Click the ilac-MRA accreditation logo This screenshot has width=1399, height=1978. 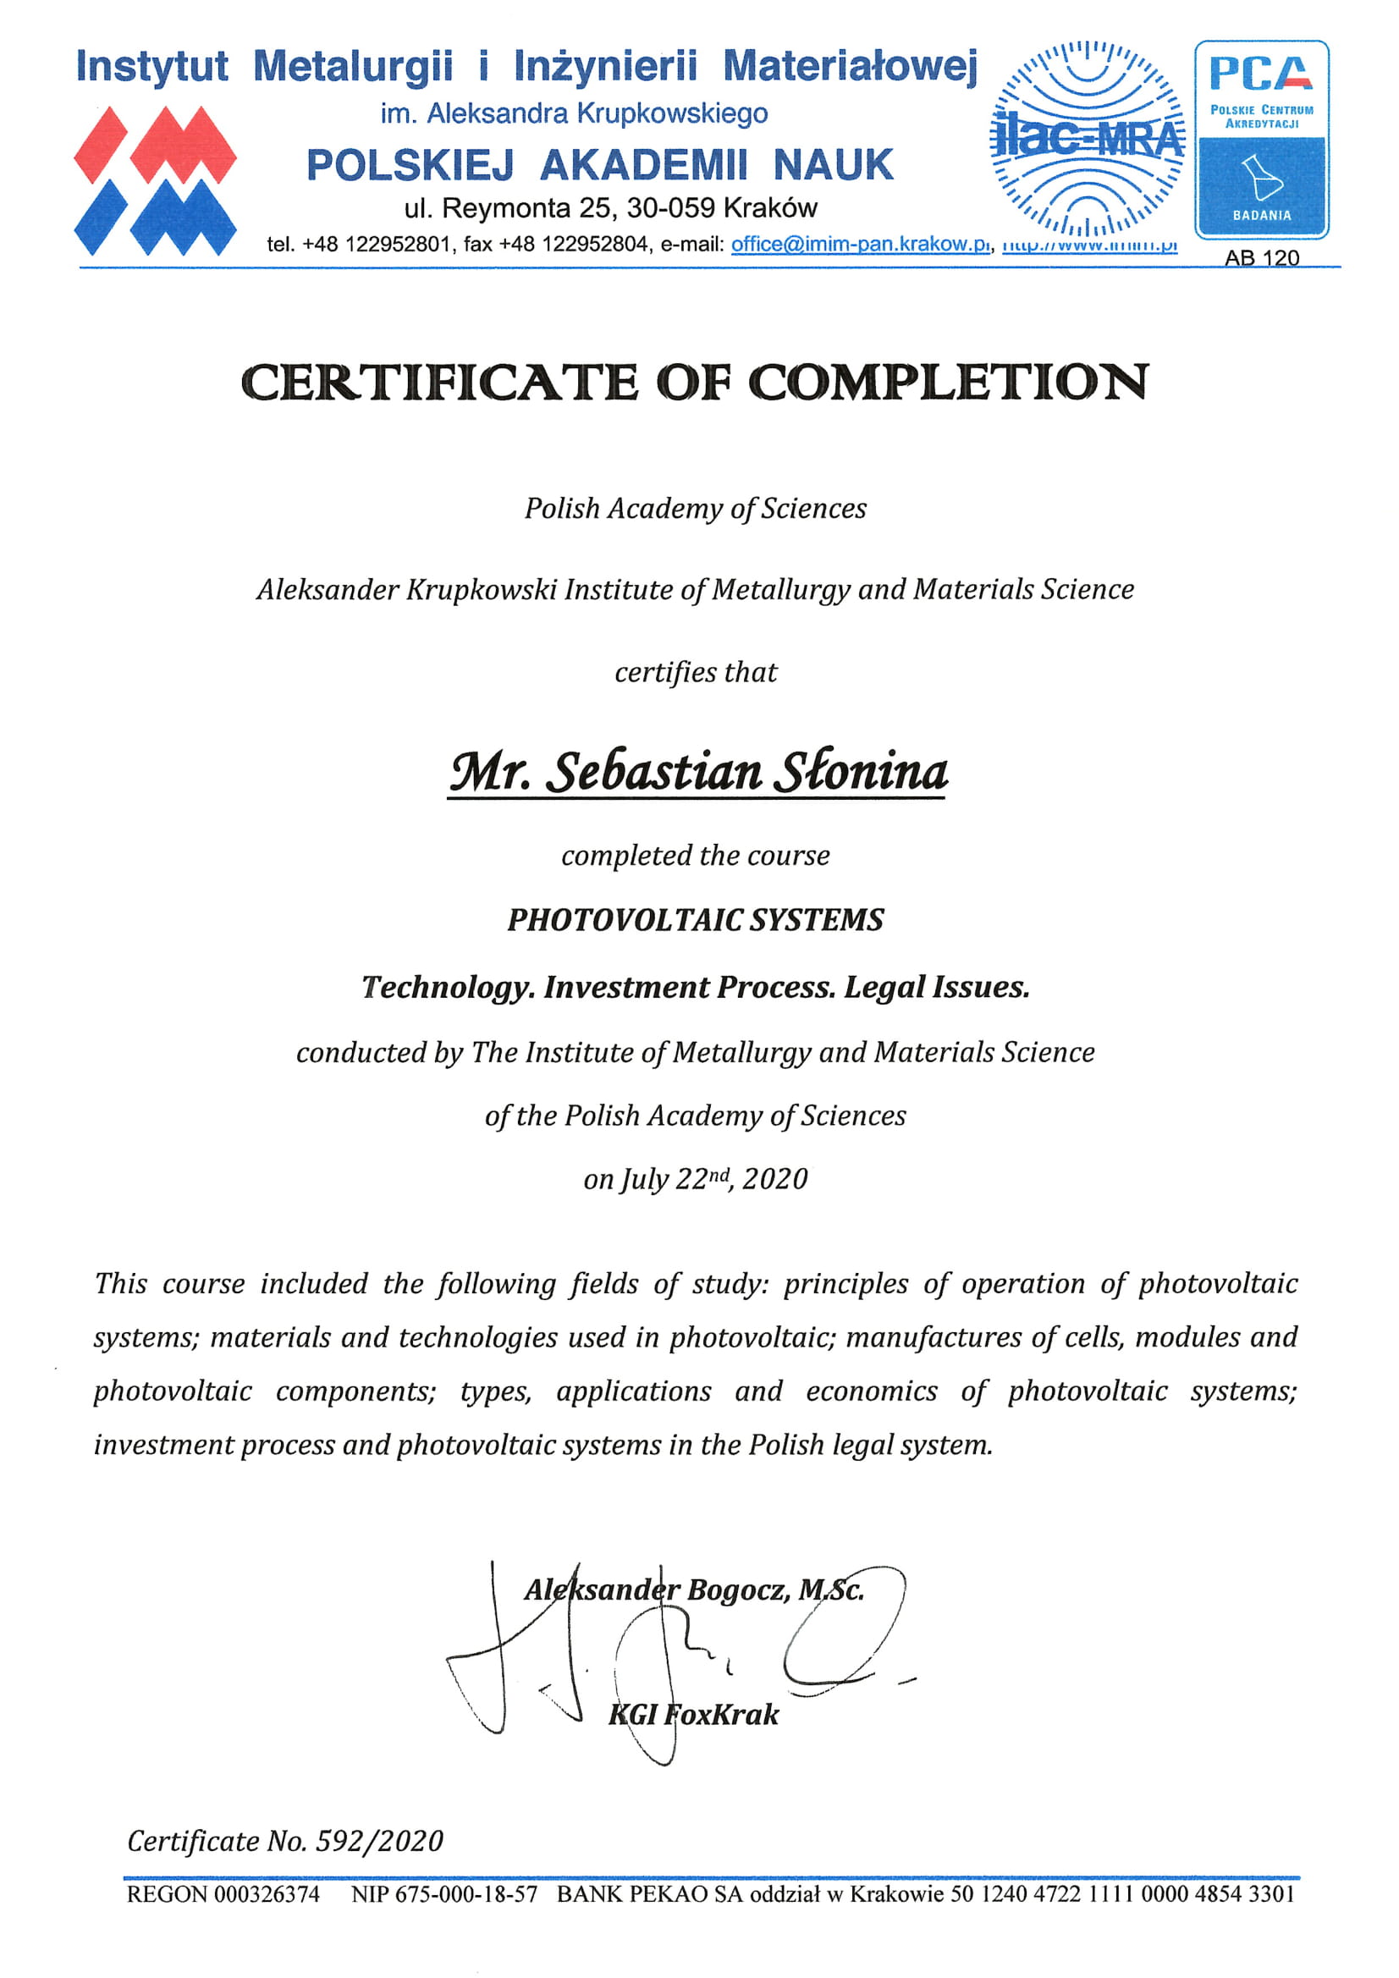[1088, 139]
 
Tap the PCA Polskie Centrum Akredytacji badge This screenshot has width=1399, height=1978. [1261, 139]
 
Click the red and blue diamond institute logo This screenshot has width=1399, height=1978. [155, 181]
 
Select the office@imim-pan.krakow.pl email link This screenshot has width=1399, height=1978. [860, 244]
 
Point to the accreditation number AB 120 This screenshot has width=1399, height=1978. [1261, 257]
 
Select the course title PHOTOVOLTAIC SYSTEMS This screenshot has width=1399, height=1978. [695, 920]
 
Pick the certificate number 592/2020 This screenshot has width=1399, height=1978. [379, 1840]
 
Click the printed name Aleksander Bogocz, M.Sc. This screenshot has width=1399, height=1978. [694, 1589]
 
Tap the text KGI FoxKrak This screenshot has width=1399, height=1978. [693, 1715]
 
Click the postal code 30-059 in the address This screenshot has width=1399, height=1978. [670, 207]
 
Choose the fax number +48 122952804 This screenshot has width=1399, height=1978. [573, 244]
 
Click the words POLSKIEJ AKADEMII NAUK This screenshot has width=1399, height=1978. [600, 164]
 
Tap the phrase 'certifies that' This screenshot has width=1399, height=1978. [695, 672]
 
